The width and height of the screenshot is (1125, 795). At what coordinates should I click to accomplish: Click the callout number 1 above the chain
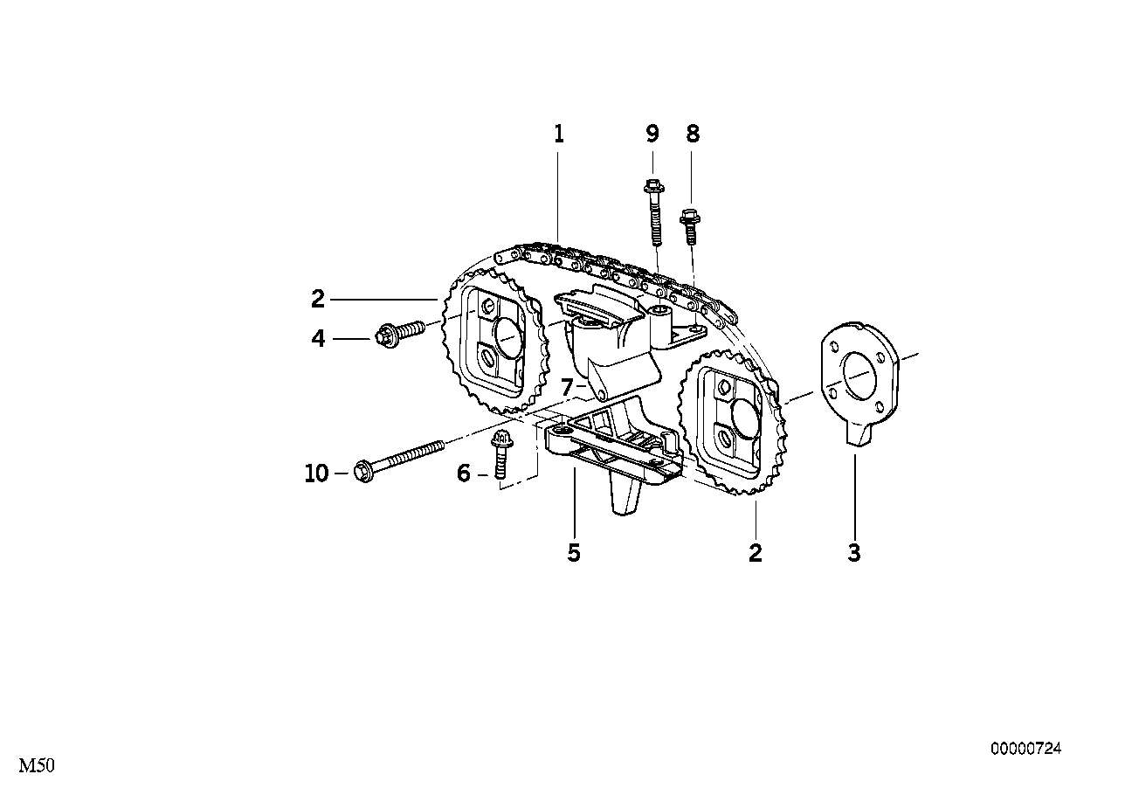559,134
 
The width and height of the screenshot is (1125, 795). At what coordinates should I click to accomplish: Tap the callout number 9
652,134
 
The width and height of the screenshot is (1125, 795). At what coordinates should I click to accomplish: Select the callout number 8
693,134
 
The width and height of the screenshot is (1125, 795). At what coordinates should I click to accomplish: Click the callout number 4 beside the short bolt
319,338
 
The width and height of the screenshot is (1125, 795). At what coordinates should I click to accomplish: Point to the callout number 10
316,474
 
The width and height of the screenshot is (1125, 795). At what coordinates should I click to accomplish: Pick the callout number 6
464,474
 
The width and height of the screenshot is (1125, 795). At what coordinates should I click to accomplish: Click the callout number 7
567,387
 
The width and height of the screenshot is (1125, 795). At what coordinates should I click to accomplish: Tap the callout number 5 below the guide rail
574,552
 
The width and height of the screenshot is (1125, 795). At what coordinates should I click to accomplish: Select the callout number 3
854,552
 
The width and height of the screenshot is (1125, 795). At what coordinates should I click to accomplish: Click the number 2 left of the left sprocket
318,300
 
